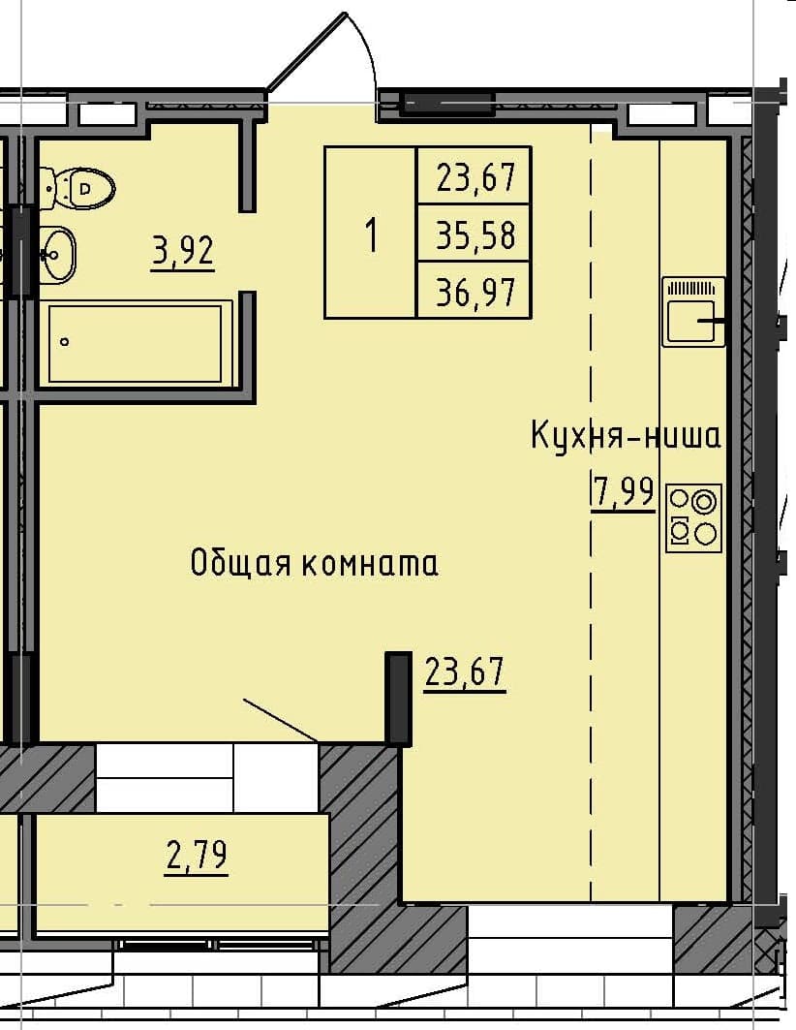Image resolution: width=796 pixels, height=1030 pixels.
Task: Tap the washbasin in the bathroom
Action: (x=56, y=254)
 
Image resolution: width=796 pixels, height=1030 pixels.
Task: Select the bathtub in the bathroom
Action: (x=136, y=344)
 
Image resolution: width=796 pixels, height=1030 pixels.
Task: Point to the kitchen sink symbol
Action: (x=693, y=311)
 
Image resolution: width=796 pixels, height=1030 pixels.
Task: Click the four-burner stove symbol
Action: (x=694, y=517)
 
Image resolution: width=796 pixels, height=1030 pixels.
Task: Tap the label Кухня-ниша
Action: (x=626, y=436)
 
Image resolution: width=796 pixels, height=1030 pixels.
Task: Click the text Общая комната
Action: (x=314, y=563)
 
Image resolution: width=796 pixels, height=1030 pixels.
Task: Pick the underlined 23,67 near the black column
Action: (x=465, y=671)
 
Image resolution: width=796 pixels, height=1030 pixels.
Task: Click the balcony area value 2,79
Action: (x=197, y=857)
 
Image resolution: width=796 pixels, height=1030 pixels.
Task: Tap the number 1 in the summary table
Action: (x=371, y=234)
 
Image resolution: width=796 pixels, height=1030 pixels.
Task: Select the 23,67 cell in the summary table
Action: (x=475, y=177)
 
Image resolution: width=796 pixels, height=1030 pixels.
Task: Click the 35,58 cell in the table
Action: (x=475, y=234)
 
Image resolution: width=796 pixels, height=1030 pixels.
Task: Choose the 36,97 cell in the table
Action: (x=475, y=290)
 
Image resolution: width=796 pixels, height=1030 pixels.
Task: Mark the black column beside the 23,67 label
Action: (x=398, y=698)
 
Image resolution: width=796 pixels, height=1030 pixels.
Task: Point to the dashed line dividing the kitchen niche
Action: (x=591, y=581)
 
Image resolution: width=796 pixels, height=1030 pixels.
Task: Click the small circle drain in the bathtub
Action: (x=65, y=341)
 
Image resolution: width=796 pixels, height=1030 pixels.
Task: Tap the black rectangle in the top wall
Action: (x=447, y=103)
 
